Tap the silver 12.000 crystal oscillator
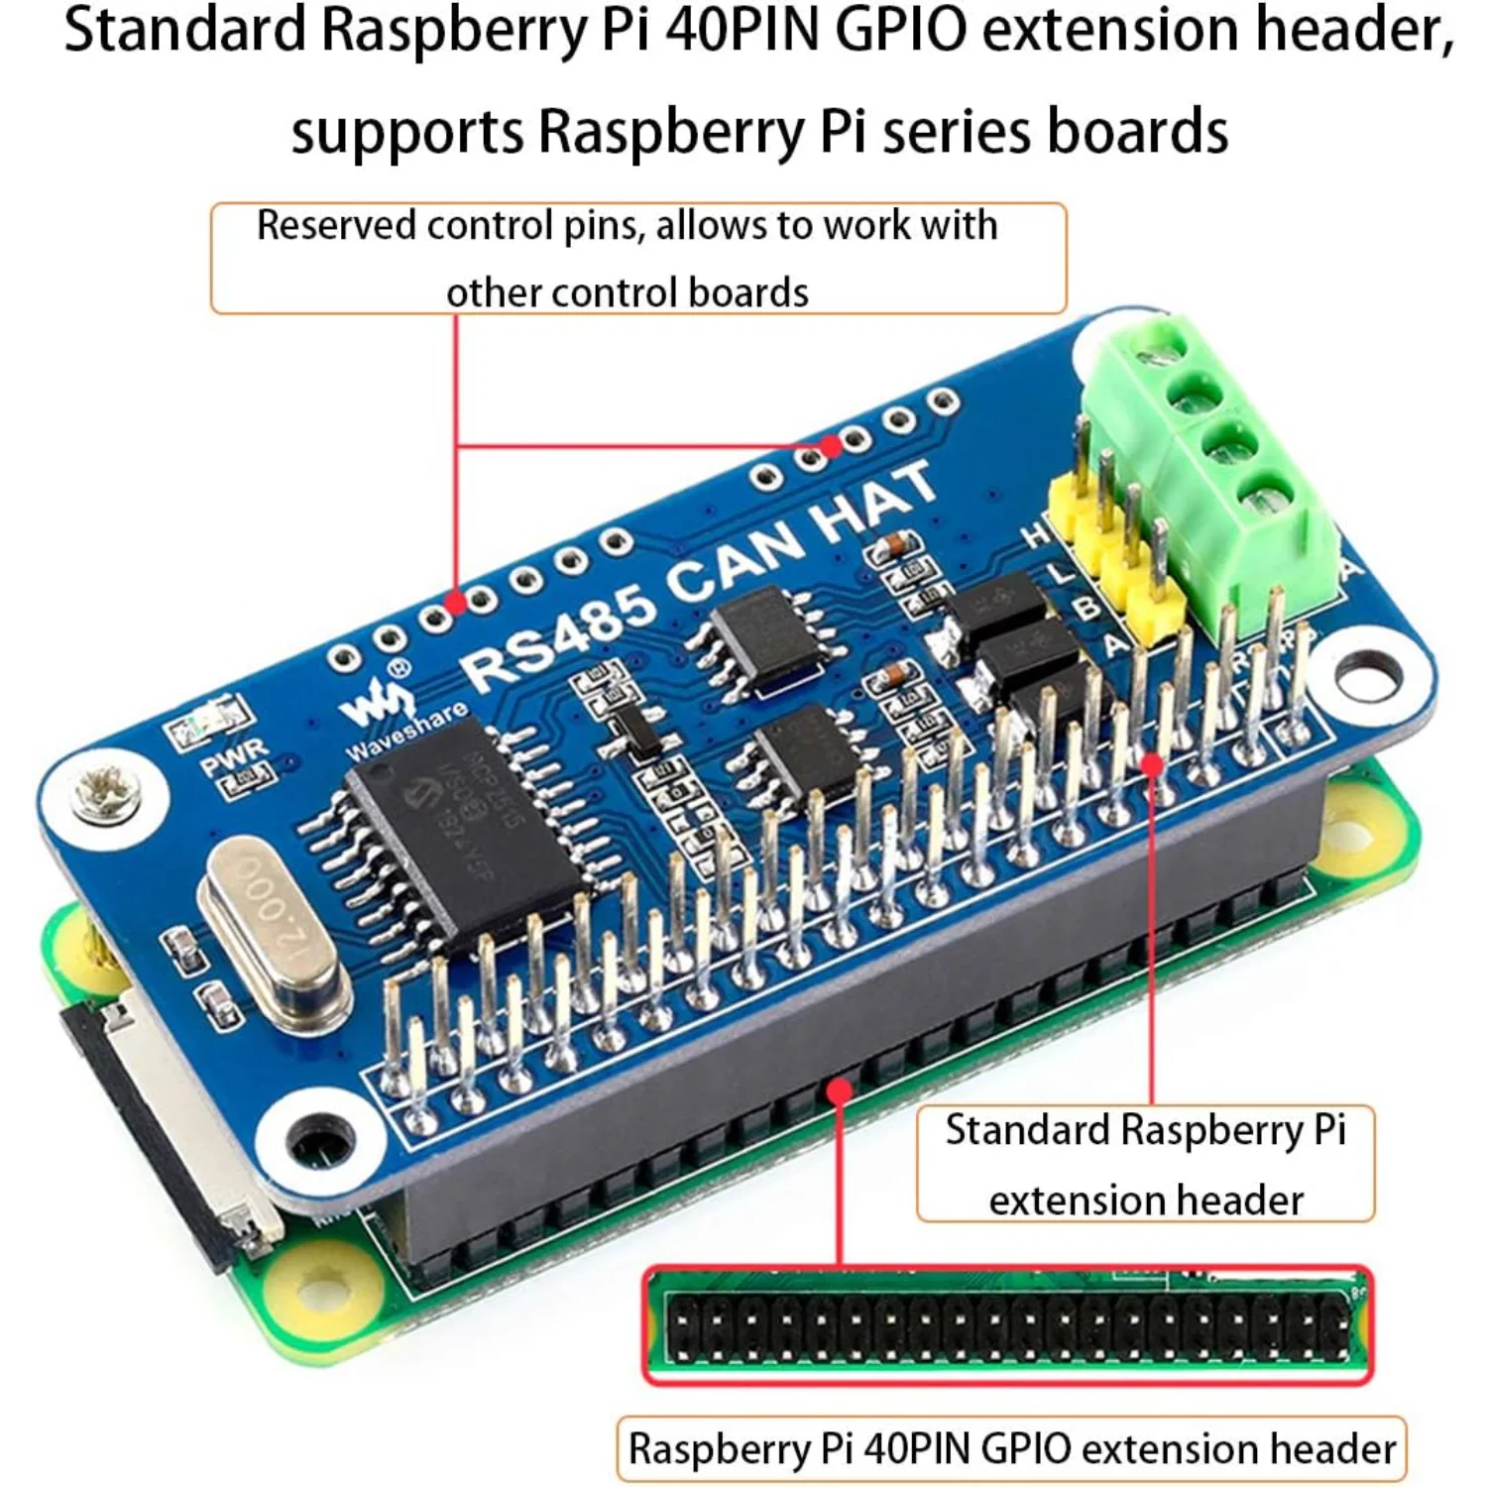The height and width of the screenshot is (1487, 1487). pos(273,932)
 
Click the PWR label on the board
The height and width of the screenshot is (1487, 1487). pos(234,758)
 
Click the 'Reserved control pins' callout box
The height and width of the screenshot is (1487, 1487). pos(637,259)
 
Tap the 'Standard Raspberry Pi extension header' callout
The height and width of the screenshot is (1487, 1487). pos(1145,1164)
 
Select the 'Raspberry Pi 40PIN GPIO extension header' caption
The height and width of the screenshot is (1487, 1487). pos(1011,1449)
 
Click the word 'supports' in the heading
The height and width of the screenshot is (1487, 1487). pos(406,132)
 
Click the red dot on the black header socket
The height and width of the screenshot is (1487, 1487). pos(840,1090)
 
